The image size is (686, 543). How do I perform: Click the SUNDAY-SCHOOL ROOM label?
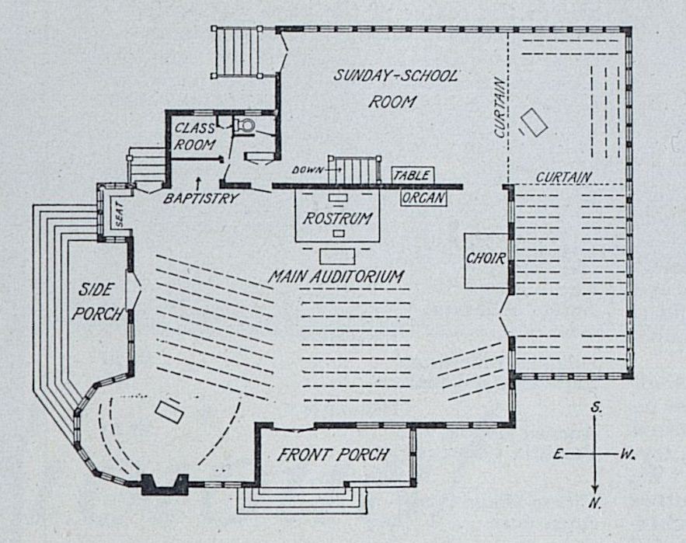point(395,88)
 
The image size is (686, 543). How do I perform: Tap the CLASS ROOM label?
point(193,135)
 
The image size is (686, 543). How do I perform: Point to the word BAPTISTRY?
point(200,199)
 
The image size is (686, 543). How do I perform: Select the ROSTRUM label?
point(338,218)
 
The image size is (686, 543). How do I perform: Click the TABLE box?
point(411,176)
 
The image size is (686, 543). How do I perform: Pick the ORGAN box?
point(423,198)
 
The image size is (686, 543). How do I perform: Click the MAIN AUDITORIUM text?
point(336,277)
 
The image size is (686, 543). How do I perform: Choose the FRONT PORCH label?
point(333,455)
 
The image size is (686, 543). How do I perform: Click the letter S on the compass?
point(594,407)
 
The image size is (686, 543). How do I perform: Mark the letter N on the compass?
point(595,503)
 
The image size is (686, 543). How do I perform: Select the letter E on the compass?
point(558,454)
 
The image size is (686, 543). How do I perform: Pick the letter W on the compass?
point(627,454)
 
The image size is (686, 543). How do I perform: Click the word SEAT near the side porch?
point(120,218)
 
